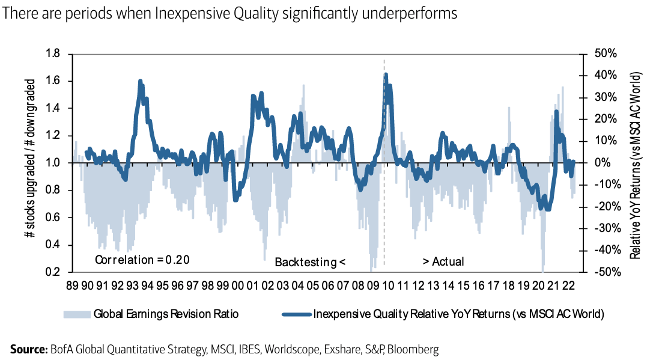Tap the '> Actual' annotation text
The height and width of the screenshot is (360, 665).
click(x=443, y=261)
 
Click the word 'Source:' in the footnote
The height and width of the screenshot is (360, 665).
click(x=28, y=349)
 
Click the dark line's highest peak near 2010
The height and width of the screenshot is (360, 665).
click(x=386, y=75)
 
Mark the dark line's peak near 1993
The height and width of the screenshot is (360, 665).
click(x=140, y=81)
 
